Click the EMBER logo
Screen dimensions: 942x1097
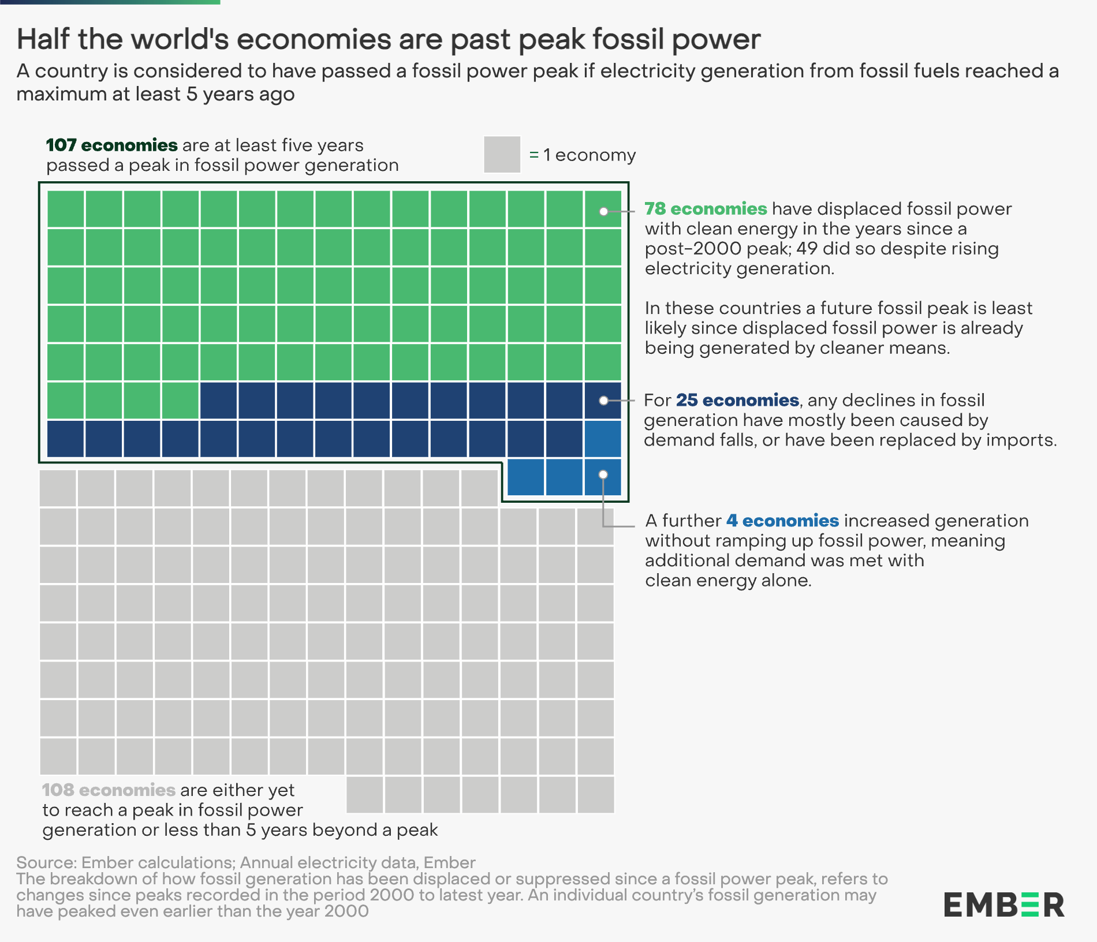coord(1003,904)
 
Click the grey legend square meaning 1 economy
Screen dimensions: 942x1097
coord(502,155)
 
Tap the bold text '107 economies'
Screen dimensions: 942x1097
coord(111,145)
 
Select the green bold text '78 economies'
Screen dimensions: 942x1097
coord(706,208)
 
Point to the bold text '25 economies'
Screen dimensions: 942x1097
coord(737,400)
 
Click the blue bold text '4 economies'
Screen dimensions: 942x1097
coord(782,521)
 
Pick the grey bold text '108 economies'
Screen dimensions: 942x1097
coord(109,790)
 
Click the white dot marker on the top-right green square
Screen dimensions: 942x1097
coord(603,211)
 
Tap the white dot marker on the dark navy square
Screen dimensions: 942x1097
coord(603,401)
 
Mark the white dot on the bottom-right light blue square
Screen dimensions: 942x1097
coord(603,474)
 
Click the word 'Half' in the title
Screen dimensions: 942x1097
coord(43,39)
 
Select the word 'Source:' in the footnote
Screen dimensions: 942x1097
coord(46,862)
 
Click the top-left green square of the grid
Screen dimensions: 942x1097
coord(65,209)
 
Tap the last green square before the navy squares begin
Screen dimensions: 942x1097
coord(180,400)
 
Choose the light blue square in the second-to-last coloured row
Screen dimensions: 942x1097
coord(603,439)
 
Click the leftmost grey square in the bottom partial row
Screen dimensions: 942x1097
coord(365,795)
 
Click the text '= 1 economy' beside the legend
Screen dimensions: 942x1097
coord(582,155)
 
